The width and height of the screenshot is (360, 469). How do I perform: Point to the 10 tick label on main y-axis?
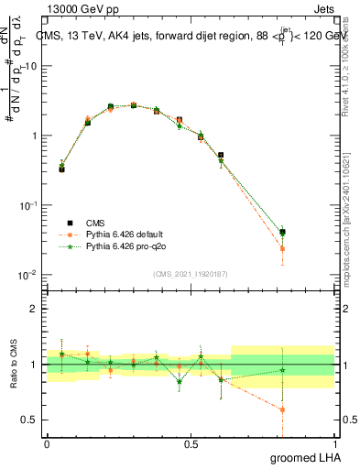[32, 66]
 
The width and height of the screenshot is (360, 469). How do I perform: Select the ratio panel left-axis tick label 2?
[35, 309]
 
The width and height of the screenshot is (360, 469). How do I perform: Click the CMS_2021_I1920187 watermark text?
[190, 273]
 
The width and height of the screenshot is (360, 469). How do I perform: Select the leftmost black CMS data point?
[61, 169]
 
